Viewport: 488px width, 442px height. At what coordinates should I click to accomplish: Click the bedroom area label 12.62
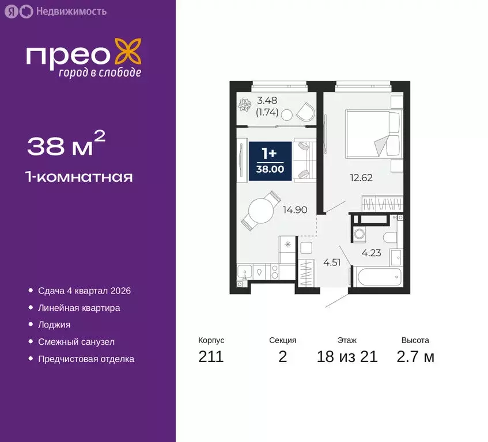tap(362, 178)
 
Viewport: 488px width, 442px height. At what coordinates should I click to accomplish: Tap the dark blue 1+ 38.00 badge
tap(270, 162)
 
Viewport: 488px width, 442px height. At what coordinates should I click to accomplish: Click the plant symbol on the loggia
tap(244, 106)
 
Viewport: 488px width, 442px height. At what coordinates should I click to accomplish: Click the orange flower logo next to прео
tap(127, 52)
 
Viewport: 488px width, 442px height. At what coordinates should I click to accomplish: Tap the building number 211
tap(211, 357)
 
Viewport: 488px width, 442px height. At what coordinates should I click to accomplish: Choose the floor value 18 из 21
tap(347, 357)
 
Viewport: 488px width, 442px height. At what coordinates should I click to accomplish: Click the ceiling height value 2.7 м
tap(415, 357)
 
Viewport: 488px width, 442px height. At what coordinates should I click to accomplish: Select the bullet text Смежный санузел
tap(76, 342)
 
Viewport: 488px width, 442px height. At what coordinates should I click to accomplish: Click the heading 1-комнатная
tap(80, 177)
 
